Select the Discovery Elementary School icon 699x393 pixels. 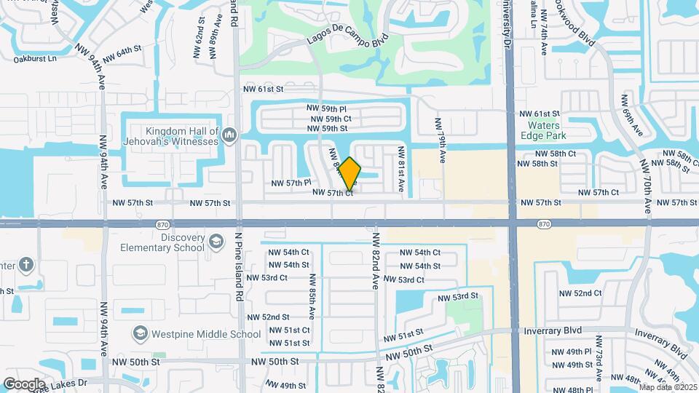tap(216, 241)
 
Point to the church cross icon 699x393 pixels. tap(26, 263)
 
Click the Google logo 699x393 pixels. tap(25, 384)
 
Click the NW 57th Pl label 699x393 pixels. tap(291, 183)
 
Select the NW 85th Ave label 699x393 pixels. tap(311, 296)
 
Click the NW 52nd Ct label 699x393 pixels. tap(580, 293)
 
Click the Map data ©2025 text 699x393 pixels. tap(668, 386)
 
